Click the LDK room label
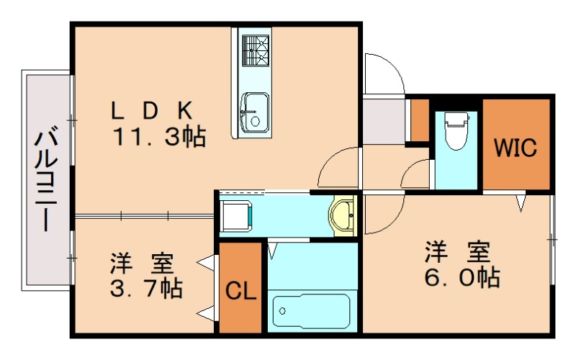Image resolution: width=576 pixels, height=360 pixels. coord(152,110)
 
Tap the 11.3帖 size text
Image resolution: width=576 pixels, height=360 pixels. coord(159,137)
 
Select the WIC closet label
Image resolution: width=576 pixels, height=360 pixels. coord(516,148)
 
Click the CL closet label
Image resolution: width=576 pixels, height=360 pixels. coord(240,291)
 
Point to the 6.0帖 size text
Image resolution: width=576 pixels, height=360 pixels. coord(462,277)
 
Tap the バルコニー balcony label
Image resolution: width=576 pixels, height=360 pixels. coord(46,179)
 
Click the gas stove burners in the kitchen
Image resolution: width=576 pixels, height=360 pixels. coord(256,50)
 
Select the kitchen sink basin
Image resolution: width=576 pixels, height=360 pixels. coord(255,112)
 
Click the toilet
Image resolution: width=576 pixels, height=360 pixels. coord(456,131)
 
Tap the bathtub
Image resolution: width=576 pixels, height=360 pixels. coord(312,311)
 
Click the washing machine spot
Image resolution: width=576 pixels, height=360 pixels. coord(236,215)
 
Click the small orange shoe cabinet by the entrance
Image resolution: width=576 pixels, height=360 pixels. coord(420,120)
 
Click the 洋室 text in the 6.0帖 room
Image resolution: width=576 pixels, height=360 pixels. coord(457,251)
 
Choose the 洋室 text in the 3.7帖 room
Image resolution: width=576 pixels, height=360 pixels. coord(142,263)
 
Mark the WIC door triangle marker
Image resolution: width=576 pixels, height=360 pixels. coord(521,203)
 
